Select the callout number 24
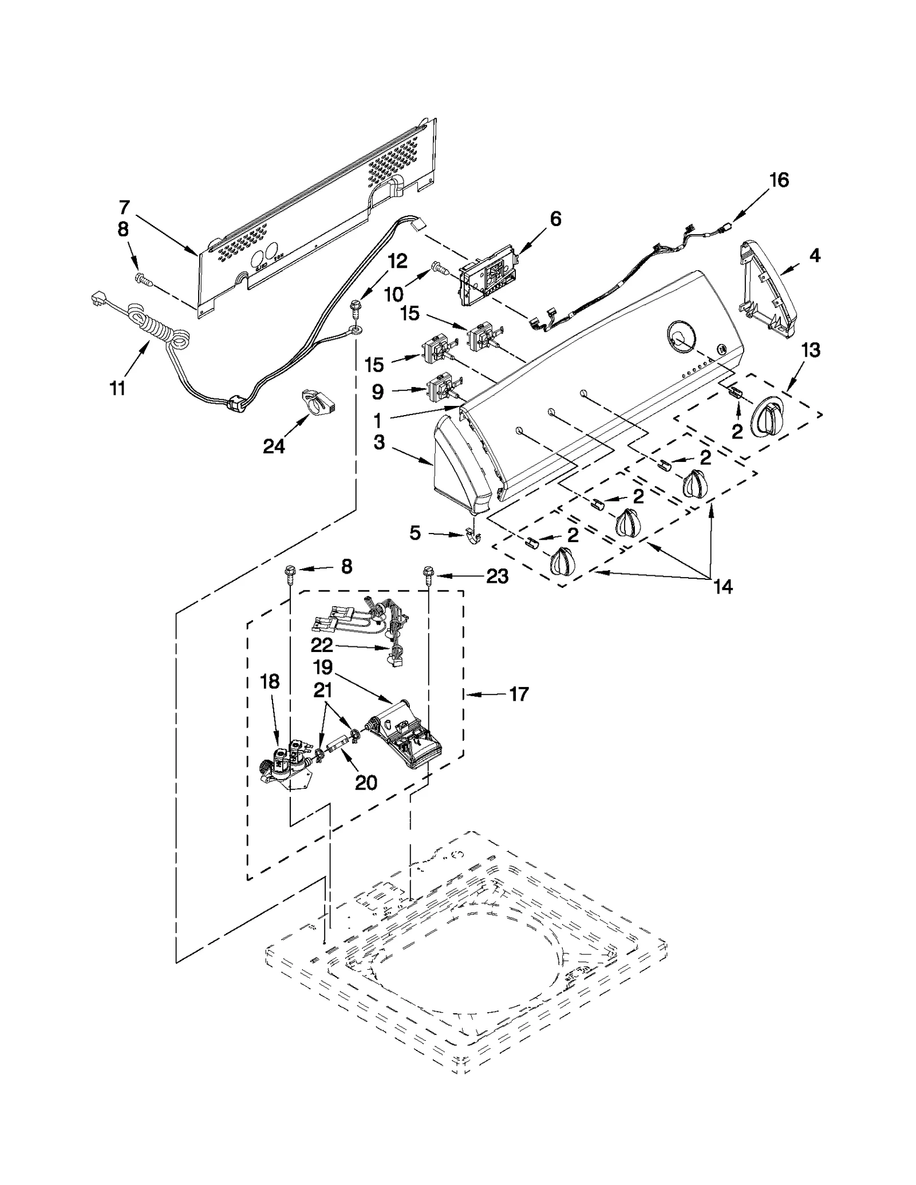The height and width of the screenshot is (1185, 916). [274, 446]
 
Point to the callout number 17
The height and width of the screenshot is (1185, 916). [519, 694]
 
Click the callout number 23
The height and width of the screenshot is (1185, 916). [497, 576]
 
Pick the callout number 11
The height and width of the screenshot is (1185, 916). [117, 388]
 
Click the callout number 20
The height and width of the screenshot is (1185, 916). [366, 782]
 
